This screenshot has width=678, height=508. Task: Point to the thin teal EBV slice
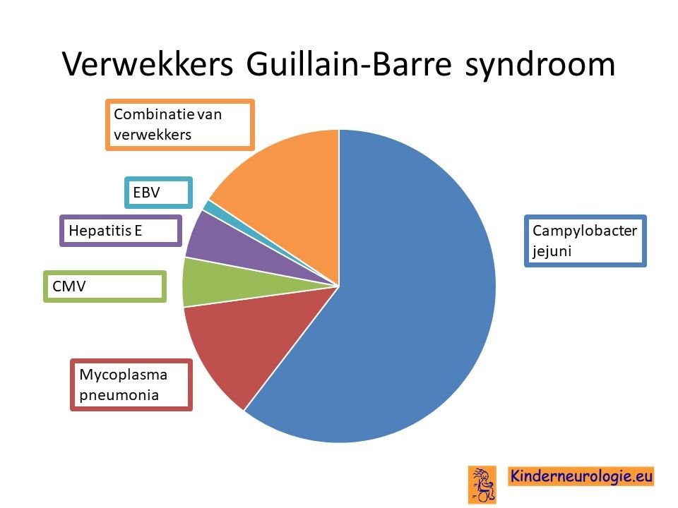[216, 207]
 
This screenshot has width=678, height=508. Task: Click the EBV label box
[158, 193]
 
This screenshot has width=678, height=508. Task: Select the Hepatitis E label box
[121, 231]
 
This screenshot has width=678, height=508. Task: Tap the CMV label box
[105, 286]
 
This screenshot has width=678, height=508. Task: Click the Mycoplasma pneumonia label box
[131, 385]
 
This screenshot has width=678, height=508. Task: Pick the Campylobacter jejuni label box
[585, 241]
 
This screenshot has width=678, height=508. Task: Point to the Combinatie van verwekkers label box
[180, 125]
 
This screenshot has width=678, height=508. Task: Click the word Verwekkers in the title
[148, 64]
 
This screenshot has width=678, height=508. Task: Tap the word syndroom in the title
[540, 66]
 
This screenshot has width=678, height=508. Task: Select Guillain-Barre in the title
[349, 64]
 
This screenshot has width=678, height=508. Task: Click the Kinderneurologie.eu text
[581, 476]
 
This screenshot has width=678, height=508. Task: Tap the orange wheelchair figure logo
[482, 485]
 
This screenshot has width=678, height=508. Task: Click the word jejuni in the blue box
[552, 251]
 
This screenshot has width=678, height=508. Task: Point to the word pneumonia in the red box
[119, 396]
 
